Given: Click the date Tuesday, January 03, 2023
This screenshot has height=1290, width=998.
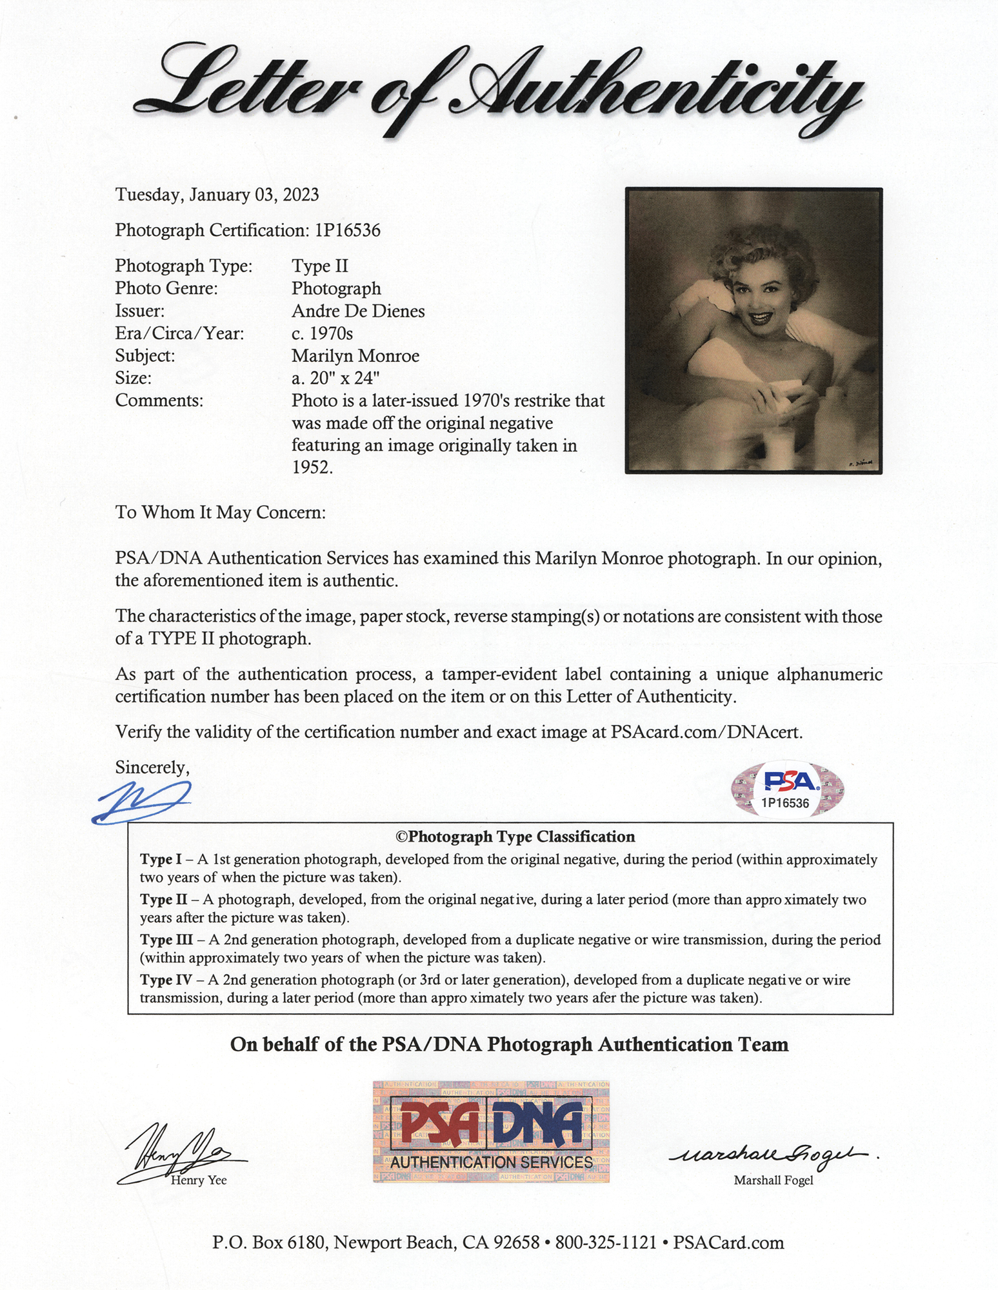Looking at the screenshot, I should (x=217, y=195).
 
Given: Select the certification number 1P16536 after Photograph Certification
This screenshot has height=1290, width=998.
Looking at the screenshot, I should (x=348, y=230).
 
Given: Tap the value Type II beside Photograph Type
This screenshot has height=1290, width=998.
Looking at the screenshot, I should (x=320, y=266).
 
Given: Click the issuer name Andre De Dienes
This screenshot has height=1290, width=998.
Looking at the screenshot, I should (x=358, y=311).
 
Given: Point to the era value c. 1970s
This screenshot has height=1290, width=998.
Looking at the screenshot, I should (x=322, y=333).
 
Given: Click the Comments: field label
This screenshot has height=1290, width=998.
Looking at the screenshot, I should (x=159, y=401).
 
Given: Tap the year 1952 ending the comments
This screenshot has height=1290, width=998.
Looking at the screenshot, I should (x=312, y=468).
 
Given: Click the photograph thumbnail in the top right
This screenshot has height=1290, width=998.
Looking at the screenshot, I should (x=753, y=330).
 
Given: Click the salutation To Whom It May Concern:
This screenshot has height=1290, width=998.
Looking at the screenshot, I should (x=221, y=512).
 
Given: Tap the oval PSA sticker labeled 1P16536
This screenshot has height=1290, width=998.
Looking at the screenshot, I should (x=788, y=789).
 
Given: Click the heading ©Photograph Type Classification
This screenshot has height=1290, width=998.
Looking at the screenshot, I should (x=515, y=837).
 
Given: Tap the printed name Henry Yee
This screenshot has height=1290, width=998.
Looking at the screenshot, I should (x=199, y=1180).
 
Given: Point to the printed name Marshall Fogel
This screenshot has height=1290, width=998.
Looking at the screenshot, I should (x=773, y=1180).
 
